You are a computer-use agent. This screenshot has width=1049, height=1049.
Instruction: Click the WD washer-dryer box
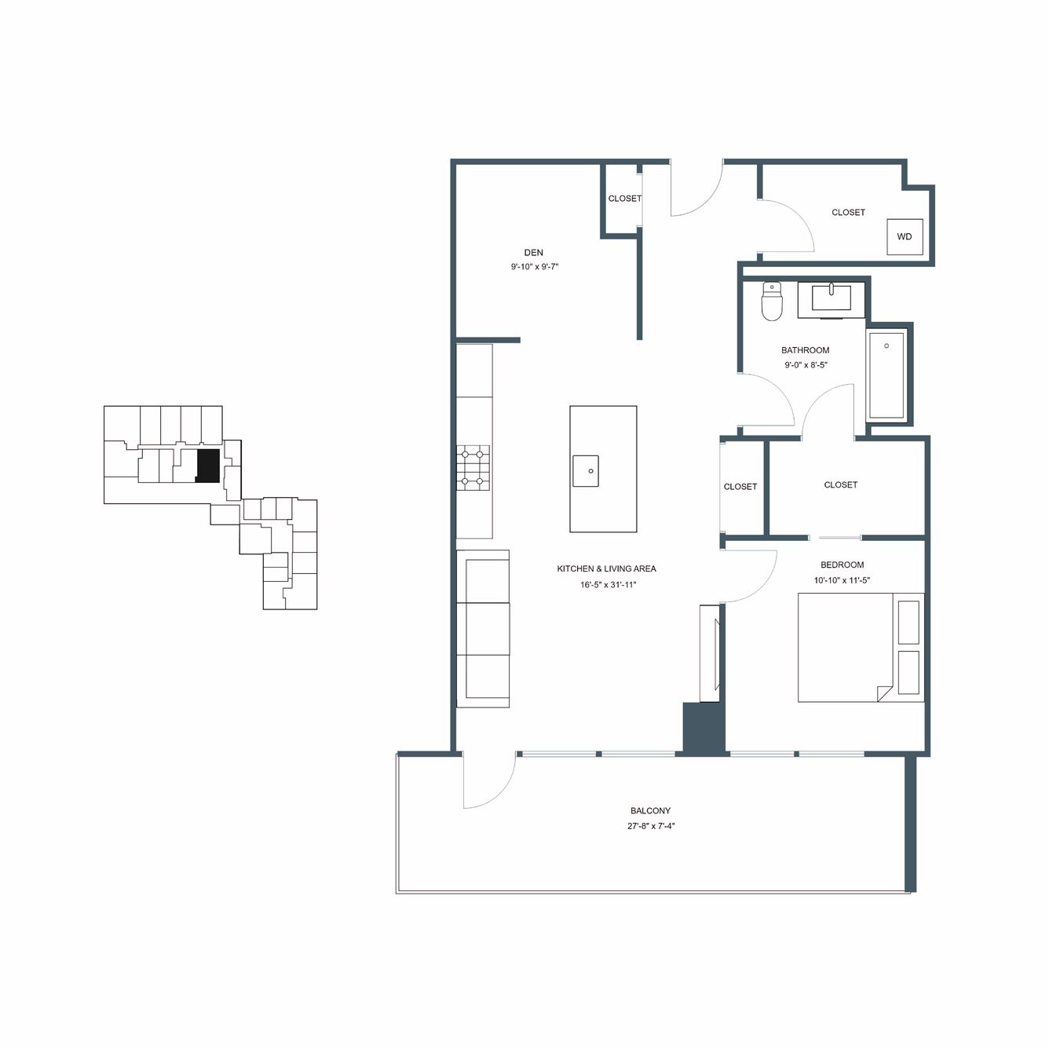tap(905, 237)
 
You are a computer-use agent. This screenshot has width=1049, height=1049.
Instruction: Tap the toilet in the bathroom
tap(771, 301)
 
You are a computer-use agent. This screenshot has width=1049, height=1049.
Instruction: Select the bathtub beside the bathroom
tap(886, 375)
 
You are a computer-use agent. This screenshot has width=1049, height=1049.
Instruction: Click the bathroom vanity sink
tap(832, 298)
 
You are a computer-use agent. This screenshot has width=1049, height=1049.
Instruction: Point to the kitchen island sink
tap(586, 471)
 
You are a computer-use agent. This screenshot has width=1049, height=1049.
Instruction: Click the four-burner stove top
tap(473, 468)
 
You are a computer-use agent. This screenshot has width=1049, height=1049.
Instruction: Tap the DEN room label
tap(533, 253)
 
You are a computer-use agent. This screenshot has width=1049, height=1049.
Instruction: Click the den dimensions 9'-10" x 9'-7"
tap(535, 267)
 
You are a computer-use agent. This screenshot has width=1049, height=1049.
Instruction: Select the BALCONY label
tap(651, 810)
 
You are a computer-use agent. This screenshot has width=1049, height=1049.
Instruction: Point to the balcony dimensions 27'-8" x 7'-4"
tap(651, 826)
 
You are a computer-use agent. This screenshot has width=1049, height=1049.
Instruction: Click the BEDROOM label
tap(842, 565)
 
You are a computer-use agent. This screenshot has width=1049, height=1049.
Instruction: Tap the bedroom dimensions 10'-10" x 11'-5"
tap(842, 580)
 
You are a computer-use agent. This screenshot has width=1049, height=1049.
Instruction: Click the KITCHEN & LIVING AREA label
tap(606, 569)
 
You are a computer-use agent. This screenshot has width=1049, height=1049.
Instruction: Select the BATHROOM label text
tap(805, 350)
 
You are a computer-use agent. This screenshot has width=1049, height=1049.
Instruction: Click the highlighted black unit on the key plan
tap(208, 466)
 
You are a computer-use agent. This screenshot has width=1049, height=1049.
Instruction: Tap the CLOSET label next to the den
tap(625, 199)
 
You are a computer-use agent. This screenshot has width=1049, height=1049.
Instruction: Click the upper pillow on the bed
tap(909, 622)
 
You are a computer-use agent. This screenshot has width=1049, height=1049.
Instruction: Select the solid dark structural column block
tap(704, 728)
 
